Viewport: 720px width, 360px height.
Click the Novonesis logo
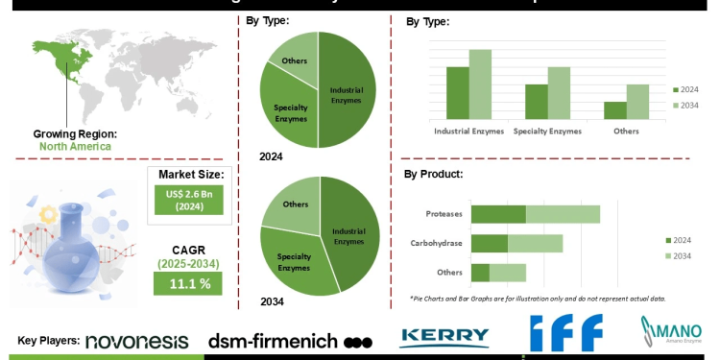(x=140, y=341)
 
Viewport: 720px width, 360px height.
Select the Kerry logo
(x=444, y=337)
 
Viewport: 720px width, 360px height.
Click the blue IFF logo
(x=565, y=333)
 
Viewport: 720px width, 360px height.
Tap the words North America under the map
(x=75, y=147)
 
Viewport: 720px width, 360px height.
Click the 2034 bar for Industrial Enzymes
(x=480, y=84)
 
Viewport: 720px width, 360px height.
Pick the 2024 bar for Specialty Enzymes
(x=536, y=102)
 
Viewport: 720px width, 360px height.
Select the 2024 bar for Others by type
(x=614, y=109)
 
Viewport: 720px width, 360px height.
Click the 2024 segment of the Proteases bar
(x=498, y=214)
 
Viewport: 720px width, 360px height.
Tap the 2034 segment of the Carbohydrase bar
(x=535, y=244)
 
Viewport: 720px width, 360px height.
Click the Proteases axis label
(x=444, y=214)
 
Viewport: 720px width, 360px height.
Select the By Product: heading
(x=434, y=175)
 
